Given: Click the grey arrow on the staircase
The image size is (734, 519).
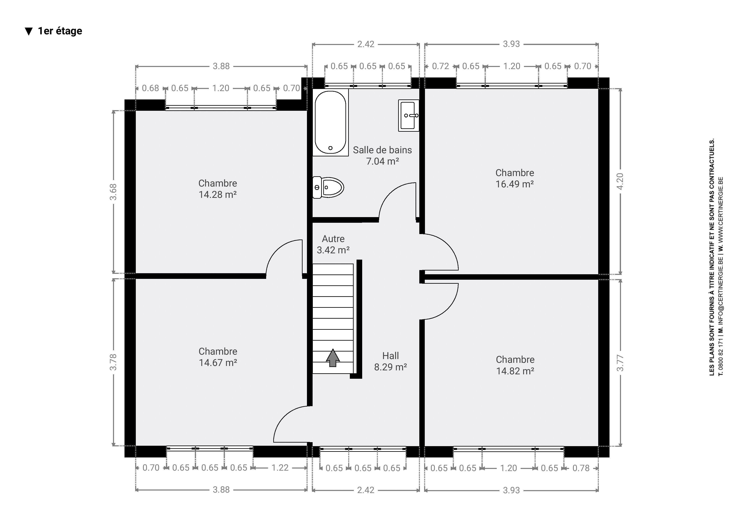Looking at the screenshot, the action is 333,358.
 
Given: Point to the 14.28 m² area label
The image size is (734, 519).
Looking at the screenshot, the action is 218,194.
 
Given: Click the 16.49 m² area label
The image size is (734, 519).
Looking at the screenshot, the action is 515,184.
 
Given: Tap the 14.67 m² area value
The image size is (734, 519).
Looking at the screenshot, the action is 218,363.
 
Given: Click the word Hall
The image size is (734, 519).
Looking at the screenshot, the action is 391,355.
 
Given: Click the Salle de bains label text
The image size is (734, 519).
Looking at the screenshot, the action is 382,150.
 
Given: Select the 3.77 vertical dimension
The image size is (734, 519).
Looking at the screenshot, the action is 620,363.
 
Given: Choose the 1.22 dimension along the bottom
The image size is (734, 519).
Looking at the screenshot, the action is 280,468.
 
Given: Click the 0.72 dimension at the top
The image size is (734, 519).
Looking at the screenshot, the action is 440,66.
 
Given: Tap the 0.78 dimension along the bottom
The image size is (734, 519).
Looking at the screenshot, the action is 581,468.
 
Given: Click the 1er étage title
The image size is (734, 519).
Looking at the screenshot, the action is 60,31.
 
